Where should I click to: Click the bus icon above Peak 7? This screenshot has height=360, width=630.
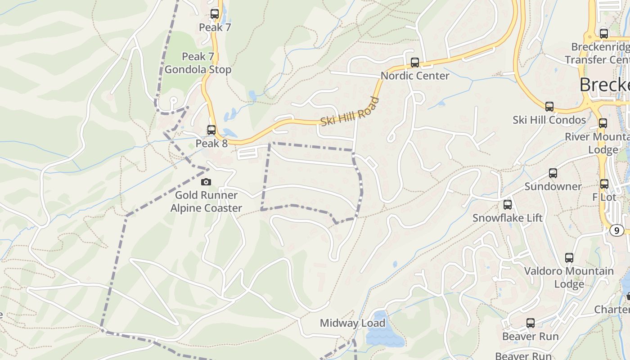215,14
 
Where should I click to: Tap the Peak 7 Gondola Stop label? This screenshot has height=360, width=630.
198,63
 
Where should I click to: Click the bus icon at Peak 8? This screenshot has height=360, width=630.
211,130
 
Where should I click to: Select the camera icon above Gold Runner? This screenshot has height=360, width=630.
206,182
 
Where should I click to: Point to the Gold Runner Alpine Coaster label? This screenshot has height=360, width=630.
206,202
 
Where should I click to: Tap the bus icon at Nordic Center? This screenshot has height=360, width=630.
415,63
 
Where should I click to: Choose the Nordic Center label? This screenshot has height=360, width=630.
415,76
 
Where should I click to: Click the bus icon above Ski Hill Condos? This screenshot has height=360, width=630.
549,107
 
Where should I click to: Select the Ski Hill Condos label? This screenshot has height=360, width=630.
549,120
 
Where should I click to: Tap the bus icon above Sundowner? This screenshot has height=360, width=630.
553,173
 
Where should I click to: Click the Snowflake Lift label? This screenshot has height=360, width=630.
508,218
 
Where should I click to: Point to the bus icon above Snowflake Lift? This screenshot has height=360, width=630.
508,205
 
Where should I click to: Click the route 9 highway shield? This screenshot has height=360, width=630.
616,230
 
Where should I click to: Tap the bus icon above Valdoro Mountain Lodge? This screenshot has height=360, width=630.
569,258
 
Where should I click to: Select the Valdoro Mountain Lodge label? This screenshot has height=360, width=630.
569,277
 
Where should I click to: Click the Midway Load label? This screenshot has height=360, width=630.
353,323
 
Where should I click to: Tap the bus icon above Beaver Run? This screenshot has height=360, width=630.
531,323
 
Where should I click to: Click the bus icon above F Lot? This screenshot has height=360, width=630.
604,184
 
